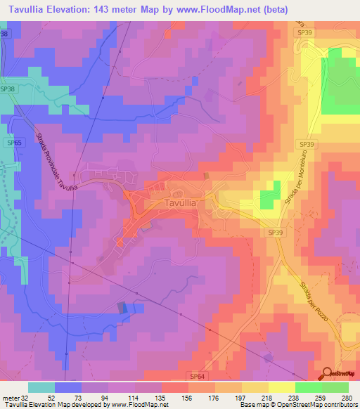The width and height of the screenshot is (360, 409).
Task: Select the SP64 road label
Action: pos(198,376)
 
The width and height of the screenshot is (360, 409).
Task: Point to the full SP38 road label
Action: pos(8,89)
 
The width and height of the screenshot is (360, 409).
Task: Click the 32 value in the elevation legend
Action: pos(25,397)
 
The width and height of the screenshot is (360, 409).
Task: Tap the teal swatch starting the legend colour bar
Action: pos(41,387)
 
